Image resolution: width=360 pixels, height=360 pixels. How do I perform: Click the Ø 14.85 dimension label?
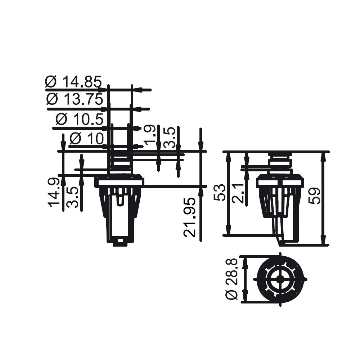[x=73, y=82]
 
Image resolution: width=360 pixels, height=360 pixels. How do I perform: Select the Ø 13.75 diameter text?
[x=75, y=99]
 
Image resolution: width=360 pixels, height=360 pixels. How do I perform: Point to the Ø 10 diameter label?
[x=86, y=138]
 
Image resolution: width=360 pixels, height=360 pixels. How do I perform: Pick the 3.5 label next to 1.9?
[x=170, y=137]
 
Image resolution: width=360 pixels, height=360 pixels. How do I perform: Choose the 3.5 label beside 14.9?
[x=73, y=197]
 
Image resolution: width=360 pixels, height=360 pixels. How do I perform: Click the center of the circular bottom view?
[x=280, y=279]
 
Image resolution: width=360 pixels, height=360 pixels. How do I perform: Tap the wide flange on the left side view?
[x=119, y=182]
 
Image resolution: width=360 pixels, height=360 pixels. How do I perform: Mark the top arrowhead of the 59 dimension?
[x=323, y=156]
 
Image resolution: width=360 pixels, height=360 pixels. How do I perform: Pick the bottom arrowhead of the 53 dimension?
[x=228, y=230]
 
